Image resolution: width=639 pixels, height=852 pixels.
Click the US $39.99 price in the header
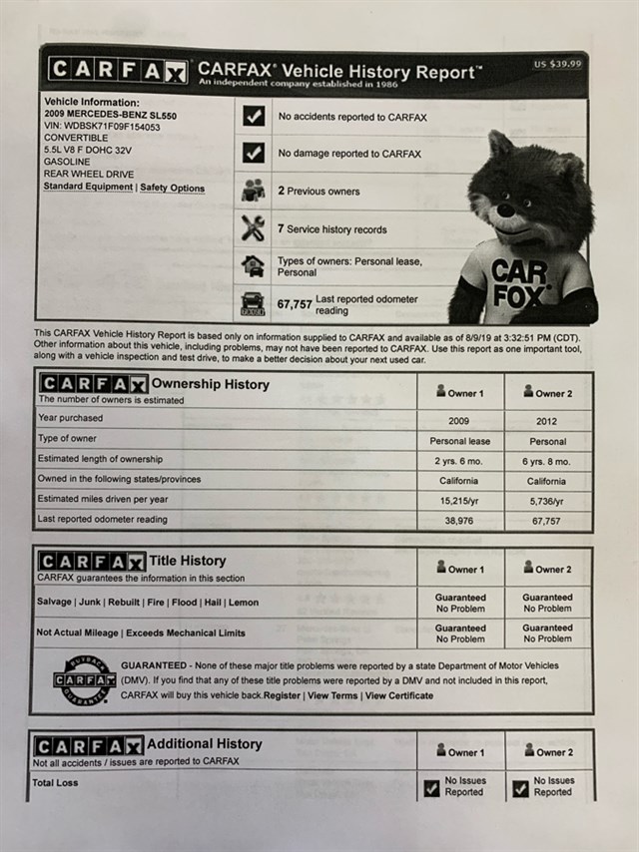(557, 64)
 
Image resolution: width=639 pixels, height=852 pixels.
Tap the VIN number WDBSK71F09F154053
(102, 127)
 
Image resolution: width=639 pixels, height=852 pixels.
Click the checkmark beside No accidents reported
(254, 117)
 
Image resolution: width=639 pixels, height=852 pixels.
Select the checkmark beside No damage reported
(254, 154)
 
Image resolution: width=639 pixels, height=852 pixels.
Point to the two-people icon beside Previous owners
(254, 191)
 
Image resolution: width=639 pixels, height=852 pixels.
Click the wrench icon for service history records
(254, 228)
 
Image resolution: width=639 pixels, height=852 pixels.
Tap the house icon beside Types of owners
(254, 265)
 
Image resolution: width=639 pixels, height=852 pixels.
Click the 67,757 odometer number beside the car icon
(295, 304)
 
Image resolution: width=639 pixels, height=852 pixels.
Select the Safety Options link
(172, 188)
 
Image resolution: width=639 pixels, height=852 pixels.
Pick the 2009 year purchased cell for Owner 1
(460, 421)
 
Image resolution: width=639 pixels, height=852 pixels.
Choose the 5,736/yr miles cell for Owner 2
(548, 501)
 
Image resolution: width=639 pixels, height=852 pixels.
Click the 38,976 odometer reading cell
(460, 521)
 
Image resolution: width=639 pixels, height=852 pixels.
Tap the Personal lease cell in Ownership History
(460, 441)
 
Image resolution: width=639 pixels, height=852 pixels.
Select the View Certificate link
(399, 695)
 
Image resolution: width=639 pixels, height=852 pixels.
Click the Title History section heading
(189, 561)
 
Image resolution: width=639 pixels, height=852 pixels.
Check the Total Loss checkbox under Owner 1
(432, 789)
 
